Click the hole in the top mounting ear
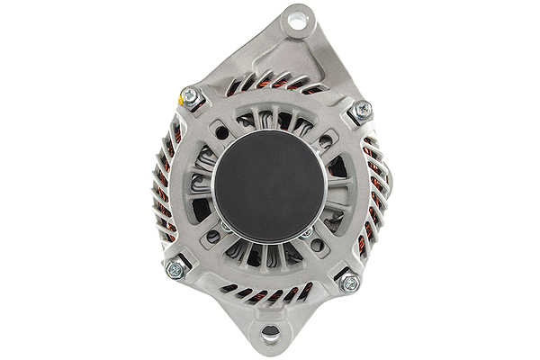[296, 22]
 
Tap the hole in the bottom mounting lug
[269, 337]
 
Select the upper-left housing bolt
[190, 96]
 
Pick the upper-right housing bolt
[362, 110]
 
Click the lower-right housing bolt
[349, 283]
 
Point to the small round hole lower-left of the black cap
[213, 237]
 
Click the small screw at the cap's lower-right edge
[307, 232]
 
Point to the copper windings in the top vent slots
[270, 84]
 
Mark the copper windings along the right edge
[374, 198]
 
